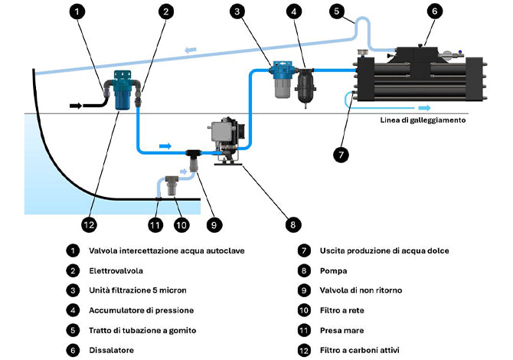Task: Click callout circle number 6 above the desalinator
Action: coord(434,11)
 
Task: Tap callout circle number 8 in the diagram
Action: coord(292,225)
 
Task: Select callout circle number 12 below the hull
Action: coord(89,225)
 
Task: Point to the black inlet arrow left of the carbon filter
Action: coord(76,106)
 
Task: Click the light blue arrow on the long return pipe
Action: coord(191,50)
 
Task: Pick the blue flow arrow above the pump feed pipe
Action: coord(165,146)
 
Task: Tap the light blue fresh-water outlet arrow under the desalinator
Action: coord(424,108)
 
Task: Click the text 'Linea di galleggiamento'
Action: coord(423,120)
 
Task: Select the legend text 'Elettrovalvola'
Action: coord(116,271)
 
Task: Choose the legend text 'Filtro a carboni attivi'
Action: coord(360,350)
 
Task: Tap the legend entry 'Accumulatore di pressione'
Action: coord(142,310)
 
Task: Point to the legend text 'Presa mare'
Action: coord(341,331)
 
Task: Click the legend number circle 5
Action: coord(73,330)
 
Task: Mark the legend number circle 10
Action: coord(304,310)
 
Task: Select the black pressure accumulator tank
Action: coord(305,83)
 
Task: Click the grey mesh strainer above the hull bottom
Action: coord(172,185)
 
